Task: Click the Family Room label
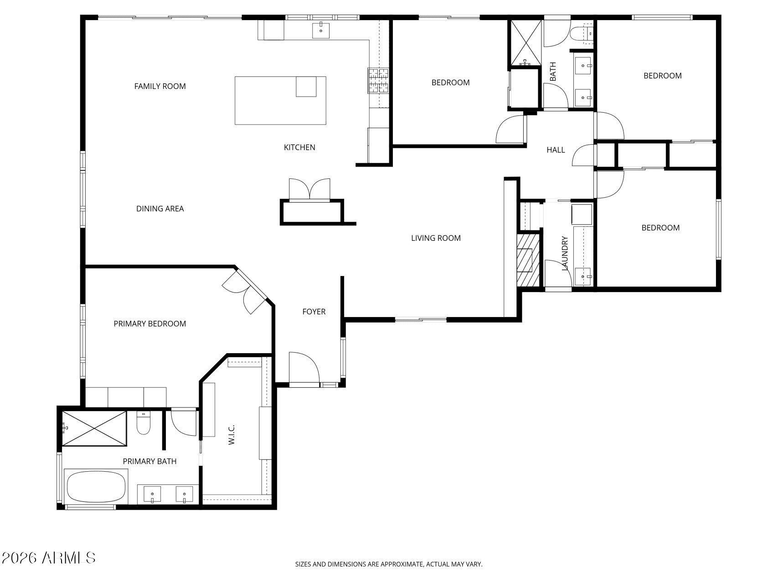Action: point(160,86)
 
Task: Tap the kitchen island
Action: point(280,101)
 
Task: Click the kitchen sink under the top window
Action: point(321,30)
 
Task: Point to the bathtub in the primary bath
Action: point(96,486)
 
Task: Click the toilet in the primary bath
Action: point(144,422)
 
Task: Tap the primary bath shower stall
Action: point(94,428)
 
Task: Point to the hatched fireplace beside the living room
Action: point(527,260)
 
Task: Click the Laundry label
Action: point(565,253)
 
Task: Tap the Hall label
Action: point(556,150)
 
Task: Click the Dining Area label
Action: point(160,209)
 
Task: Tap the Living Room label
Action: point(436,238)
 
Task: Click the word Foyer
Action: point(314,312)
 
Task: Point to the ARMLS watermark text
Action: point(48,558)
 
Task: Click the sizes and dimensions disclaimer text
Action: point(389,564)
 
